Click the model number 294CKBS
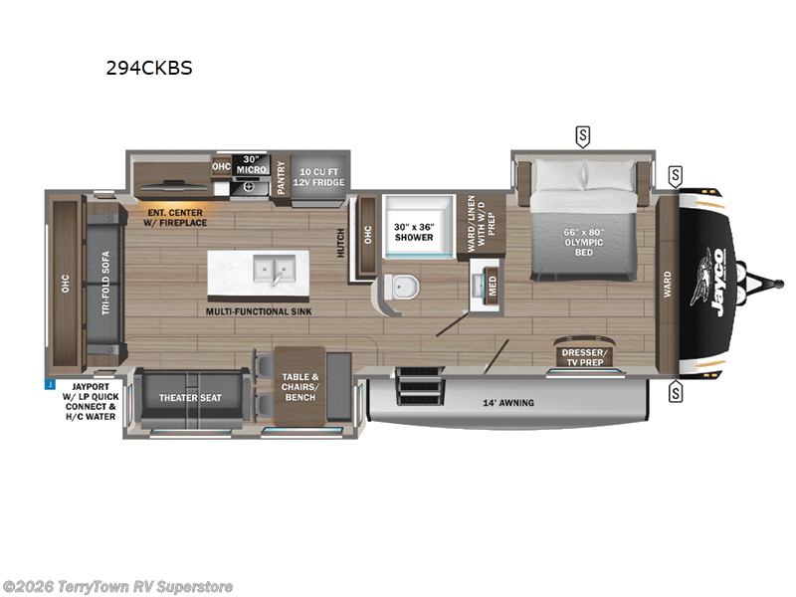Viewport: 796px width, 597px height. pyautogui.click(x=149, y=69)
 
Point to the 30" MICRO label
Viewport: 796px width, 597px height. pyautogui.click(x=250, y=165)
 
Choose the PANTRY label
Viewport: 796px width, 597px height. pyautogui.click(x=282, y=175)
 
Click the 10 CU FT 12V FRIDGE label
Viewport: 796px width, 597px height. pyautogui.click(x=320, y=175)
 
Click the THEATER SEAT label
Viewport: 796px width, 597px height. pyautogui.click(x=190, y=398)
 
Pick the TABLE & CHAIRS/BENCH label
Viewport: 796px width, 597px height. pyautogui.click(x=298, y=384)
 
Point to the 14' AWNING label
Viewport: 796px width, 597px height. pyautogui.click(x=509, y=403)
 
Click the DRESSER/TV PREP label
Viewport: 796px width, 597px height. pyautogui.click(x=585, y=356)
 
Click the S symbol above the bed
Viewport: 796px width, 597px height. pyautogui.click(x=581, y=134)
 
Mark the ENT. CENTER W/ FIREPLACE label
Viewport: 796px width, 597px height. pyautogui.click(x=174, y=217)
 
